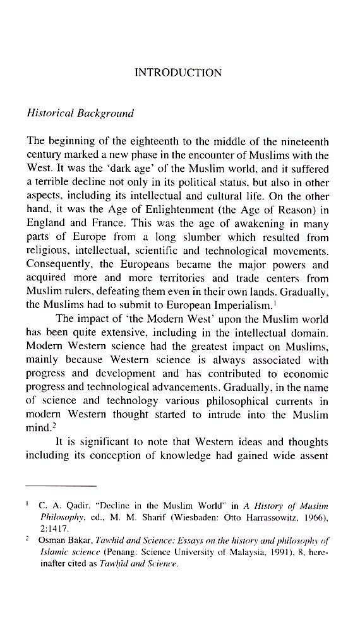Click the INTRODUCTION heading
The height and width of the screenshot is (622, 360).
point(179,73)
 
